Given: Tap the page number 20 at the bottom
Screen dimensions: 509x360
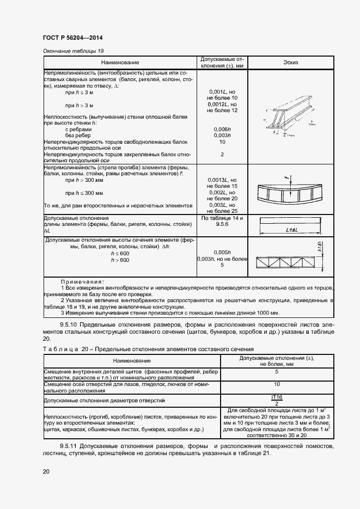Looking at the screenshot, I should point(46,471).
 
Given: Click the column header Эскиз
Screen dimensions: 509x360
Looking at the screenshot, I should point(291,63).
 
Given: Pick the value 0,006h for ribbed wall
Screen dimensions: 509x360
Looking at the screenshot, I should point(222,130).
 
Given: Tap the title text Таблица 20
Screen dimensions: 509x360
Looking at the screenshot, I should point(63,349).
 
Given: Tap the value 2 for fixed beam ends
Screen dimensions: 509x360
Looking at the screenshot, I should point(222,155).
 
